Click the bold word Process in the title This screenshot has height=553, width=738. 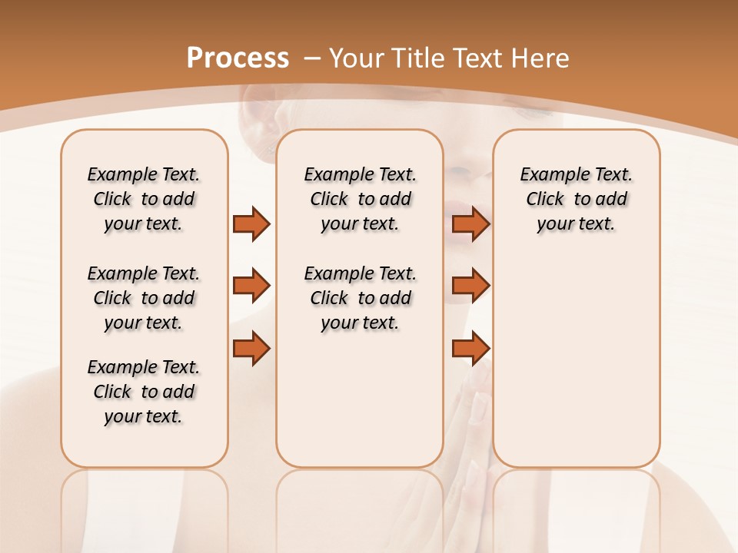pos(238,58)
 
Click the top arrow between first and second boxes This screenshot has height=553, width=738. pos(251,224)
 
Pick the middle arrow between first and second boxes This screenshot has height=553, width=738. pos(251,286)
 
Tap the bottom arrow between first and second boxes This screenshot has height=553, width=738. pos(251,348)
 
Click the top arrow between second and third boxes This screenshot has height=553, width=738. pos(470,224)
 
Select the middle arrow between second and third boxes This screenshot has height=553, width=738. pos(470,286)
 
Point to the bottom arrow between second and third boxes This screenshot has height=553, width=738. pos(470,348)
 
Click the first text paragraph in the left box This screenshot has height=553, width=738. pos(144,199)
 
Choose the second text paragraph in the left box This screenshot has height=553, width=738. pos(144,298)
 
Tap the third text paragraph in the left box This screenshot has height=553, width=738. pos(144,392)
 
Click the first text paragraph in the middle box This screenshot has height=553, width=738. pos(360,199)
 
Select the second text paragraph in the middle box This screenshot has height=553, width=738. pos(360,298)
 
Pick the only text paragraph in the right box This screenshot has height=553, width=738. pos(576,199)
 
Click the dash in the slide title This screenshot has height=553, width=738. pos(312,58)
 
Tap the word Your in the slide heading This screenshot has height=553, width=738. pos(357,58)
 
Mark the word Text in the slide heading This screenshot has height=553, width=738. pos(477,58)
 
